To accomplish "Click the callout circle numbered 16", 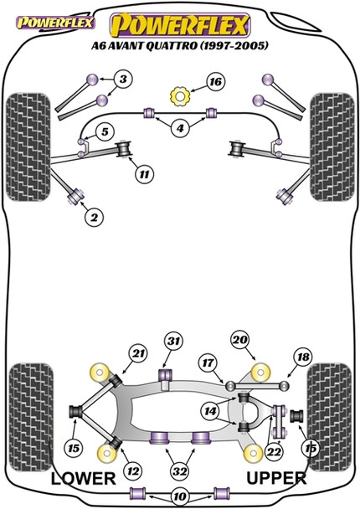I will coord(216,82).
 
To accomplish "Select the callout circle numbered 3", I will coord(124,80).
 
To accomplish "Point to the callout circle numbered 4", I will coord(179,130).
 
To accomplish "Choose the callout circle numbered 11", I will coord(146,175).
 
